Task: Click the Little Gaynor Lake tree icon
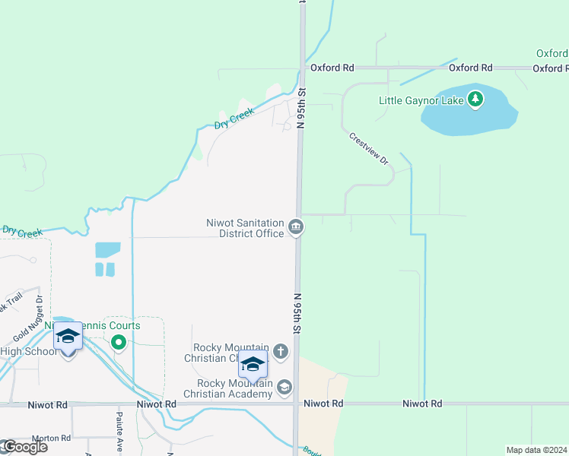click(475, 99)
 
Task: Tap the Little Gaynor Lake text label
click(423, 100)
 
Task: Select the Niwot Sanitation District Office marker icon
click(296, 227)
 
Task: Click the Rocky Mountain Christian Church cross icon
click(281, 351)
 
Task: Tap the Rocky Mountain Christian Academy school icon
click(284, 388)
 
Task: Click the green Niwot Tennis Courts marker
click(118, 342)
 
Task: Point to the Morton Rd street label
click(51, 439)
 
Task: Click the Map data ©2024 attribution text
click(536, 450)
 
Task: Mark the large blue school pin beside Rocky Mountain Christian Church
click(253, 365)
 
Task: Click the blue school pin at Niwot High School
click(68, 337)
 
